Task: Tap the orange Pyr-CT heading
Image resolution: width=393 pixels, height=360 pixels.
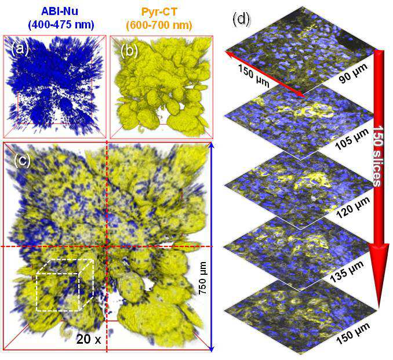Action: click(x=159, y=11)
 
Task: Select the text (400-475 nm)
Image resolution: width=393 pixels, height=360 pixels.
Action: click(x=61, y=25)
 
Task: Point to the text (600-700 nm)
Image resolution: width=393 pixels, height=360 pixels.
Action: click(x=159, y=25)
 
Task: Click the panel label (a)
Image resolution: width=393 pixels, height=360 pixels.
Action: click(x=20, y=49)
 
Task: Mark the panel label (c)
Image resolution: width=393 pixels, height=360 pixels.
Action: click(x=23, y=161)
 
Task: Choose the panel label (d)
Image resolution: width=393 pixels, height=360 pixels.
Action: click(x=241, y=19)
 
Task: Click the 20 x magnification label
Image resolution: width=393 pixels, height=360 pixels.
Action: click(x=89, y=340)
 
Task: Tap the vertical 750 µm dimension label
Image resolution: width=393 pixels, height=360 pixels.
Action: click(x=202, y=278)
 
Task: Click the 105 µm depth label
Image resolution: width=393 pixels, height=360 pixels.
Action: click(x=352, y=139)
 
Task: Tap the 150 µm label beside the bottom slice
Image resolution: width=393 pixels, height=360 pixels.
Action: click(x=352, y=333)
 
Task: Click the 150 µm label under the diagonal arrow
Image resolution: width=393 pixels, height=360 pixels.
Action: click(x=253, y=76)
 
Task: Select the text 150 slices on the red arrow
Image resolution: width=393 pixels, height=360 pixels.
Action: click(x=377, y=156)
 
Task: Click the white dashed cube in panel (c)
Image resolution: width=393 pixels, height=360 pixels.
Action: click(x=65, y=285)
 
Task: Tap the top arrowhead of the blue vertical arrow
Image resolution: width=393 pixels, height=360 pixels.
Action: click(x=212, y=146)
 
